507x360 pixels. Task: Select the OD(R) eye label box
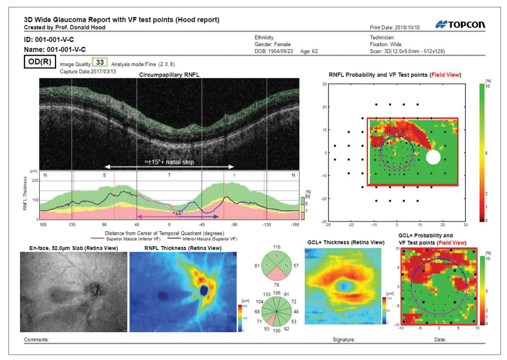click(40, 62)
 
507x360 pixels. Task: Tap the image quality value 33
click(100, 62)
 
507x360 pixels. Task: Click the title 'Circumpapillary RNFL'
click(169, 75)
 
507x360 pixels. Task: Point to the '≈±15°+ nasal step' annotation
click(169, 162)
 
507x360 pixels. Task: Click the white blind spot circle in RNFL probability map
click(433, 157)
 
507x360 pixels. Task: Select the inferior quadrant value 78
click(276, 284)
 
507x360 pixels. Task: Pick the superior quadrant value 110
click(276, 247)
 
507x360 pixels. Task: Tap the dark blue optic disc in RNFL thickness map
click(204, 290)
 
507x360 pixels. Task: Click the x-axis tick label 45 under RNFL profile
click(137, 225)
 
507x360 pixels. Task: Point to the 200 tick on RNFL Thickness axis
click(35, 181)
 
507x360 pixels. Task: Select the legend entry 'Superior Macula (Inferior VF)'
click(133, 239)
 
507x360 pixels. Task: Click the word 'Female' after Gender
click(282, 44)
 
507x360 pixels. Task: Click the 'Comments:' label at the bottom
click(36, 340)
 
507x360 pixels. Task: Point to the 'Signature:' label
click(344, 340)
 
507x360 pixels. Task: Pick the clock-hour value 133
click(267, 294)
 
